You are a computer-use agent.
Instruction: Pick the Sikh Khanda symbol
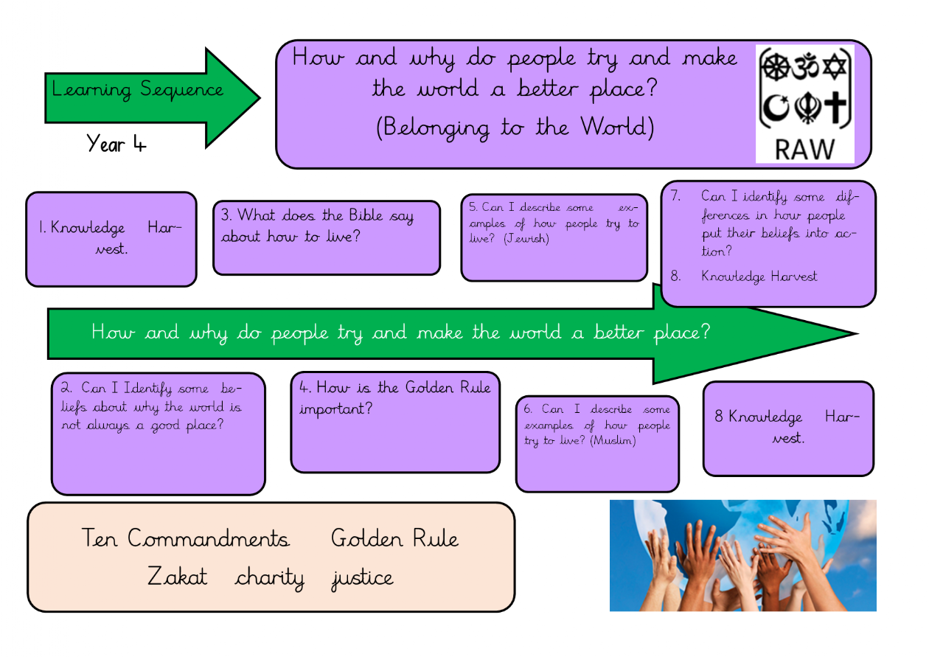point(807,108)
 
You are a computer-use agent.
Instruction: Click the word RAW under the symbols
point(804,149)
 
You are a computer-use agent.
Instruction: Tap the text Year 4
point(116,144)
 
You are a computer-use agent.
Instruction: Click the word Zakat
point(177,576)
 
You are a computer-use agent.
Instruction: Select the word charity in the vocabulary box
point(270,578)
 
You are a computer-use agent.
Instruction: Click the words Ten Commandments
point(185,538)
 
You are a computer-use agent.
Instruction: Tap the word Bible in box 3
point(366,215)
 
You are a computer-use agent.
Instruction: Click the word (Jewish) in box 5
point(526,238)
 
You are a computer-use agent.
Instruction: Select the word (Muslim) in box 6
point(613,440)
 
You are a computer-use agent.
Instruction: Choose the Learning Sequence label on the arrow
point(137,90)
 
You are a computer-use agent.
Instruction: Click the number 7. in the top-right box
point(675,195)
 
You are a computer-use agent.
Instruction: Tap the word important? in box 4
point(336,409)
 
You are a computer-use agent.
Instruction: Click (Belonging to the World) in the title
point(515,128)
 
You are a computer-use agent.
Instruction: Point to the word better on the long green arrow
point(619,332)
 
